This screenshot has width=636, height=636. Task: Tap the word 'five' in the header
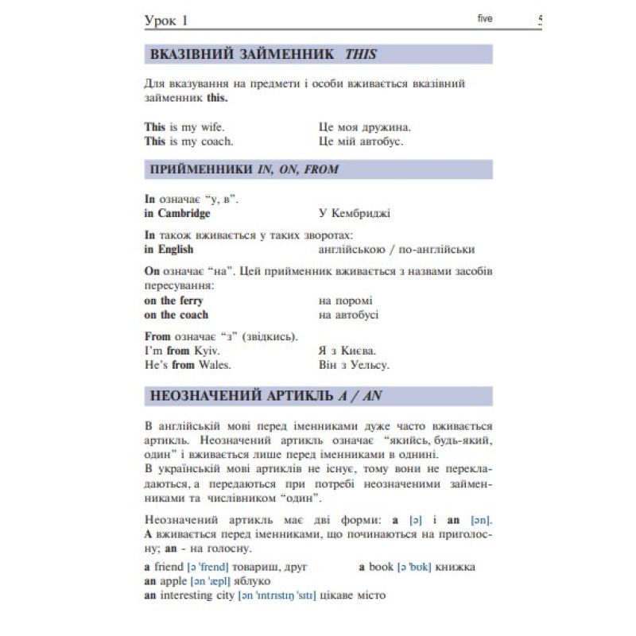tap(485, 18)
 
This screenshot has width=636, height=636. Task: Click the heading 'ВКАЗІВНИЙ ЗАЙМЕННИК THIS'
tap(262, 55)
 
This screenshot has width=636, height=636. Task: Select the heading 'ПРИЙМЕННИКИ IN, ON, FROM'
tap(244, 169)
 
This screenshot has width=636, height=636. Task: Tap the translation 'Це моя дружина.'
tap(364, 127)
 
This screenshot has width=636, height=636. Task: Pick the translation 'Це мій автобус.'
tap(360, 142)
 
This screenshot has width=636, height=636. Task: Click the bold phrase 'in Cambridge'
tap(177, 213)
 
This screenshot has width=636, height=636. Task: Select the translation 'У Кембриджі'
tap(354, 213)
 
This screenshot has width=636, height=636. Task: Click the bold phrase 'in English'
tap(169, 249)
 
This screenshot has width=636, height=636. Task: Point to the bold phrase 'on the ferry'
tap(173, 301)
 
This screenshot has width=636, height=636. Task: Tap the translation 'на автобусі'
tap(348, 315)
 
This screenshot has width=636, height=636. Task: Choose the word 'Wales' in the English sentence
tap(214, 365)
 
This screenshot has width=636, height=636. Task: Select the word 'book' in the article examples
tap(382, 568)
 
